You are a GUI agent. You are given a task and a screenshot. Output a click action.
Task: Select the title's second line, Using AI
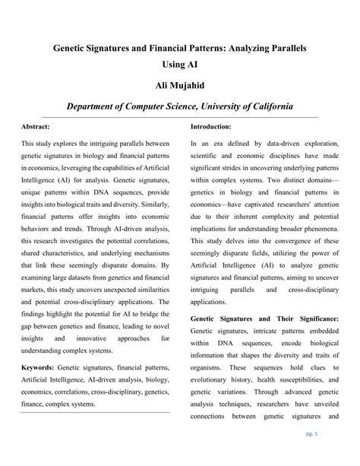point(180,66)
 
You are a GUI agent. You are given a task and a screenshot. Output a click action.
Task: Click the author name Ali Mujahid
point(180,86)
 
